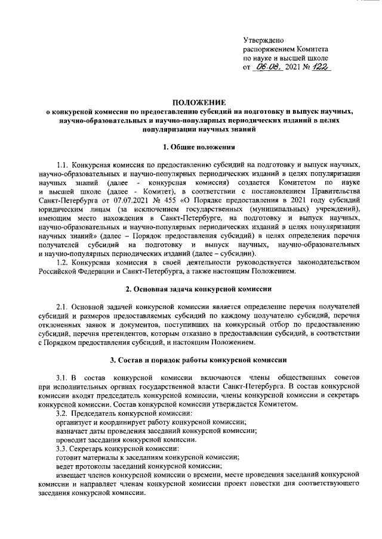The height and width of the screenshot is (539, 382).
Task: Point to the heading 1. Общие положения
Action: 191,147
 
